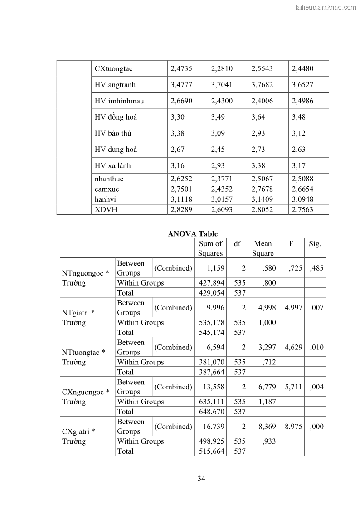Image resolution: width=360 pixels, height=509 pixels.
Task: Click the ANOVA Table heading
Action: [192, 234]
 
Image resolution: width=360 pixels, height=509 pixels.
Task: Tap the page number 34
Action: [201, 479]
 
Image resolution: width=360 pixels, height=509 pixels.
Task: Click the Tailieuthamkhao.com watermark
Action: [325, 7]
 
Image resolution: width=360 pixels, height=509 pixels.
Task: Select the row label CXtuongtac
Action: [113, 69]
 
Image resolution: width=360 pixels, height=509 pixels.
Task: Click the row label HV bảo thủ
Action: [113, 133]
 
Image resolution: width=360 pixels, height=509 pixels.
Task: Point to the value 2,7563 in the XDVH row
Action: [302, 209]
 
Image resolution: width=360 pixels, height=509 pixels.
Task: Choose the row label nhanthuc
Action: [109, 179]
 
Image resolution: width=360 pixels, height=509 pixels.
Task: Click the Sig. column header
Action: [315, 244]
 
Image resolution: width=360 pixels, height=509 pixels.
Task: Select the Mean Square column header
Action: [263, 248]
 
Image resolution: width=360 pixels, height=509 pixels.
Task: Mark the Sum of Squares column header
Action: [210, 248]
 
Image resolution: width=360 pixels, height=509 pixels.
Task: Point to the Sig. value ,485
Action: [316, 268]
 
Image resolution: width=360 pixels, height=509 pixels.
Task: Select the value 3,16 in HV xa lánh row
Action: [178, 165]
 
